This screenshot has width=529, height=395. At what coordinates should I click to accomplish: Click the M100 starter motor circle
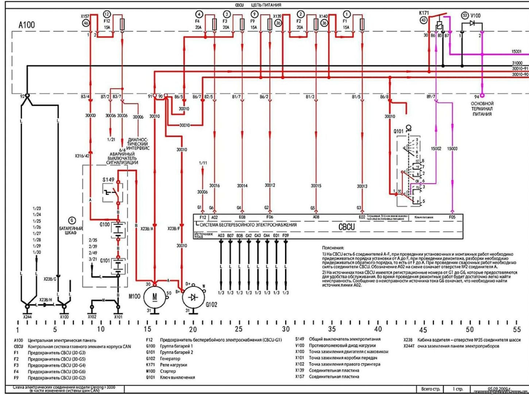click(155, 297)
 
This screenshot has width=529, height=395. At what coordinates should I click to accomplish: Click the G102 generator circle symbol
click(193, 297)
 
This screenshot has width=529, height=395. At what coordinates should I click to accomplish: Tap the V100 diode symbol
click(472, 24)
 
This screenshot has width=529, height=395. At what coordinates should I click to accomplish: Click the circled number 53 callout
click(464, 15)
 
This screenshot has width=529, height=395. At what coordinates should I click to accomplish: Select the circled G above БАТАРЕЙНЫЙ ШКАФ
click(72, 220)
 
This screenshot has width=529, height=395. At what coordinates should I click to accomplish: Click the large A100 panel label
click(27, 25)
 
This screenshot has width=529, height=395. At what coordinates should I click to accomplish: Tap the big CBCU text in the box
click(346, 227)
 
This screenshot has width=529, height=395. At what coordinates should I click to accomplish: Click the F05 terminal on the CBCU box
click(452, 217)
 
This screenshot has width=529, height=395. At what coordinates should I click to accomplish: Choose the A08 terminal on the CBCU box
click(316, 217)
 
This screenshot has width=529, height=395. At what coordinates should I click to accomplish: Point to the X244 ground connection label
click(27, 316)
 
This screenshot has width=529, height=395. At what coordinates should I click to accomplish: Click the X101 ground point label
click(118, 316)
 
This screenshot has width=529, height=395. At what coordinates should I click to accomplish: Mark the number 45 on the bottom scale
click(423, 330)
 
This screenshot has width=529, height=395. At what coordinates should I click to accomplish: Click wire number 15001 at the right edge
click(517, 52)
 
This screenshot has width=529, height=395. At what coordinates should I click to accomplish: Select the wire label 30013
click(362, 186)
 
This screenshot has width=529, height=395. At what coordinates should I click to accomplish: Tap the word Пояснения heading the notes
click(333, 248)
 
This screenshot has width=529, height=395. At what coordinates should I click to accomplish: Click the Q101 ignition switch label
click(398, 131)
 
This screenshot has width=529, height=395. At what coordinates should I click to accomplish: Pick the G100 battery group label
click(105, 224)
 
